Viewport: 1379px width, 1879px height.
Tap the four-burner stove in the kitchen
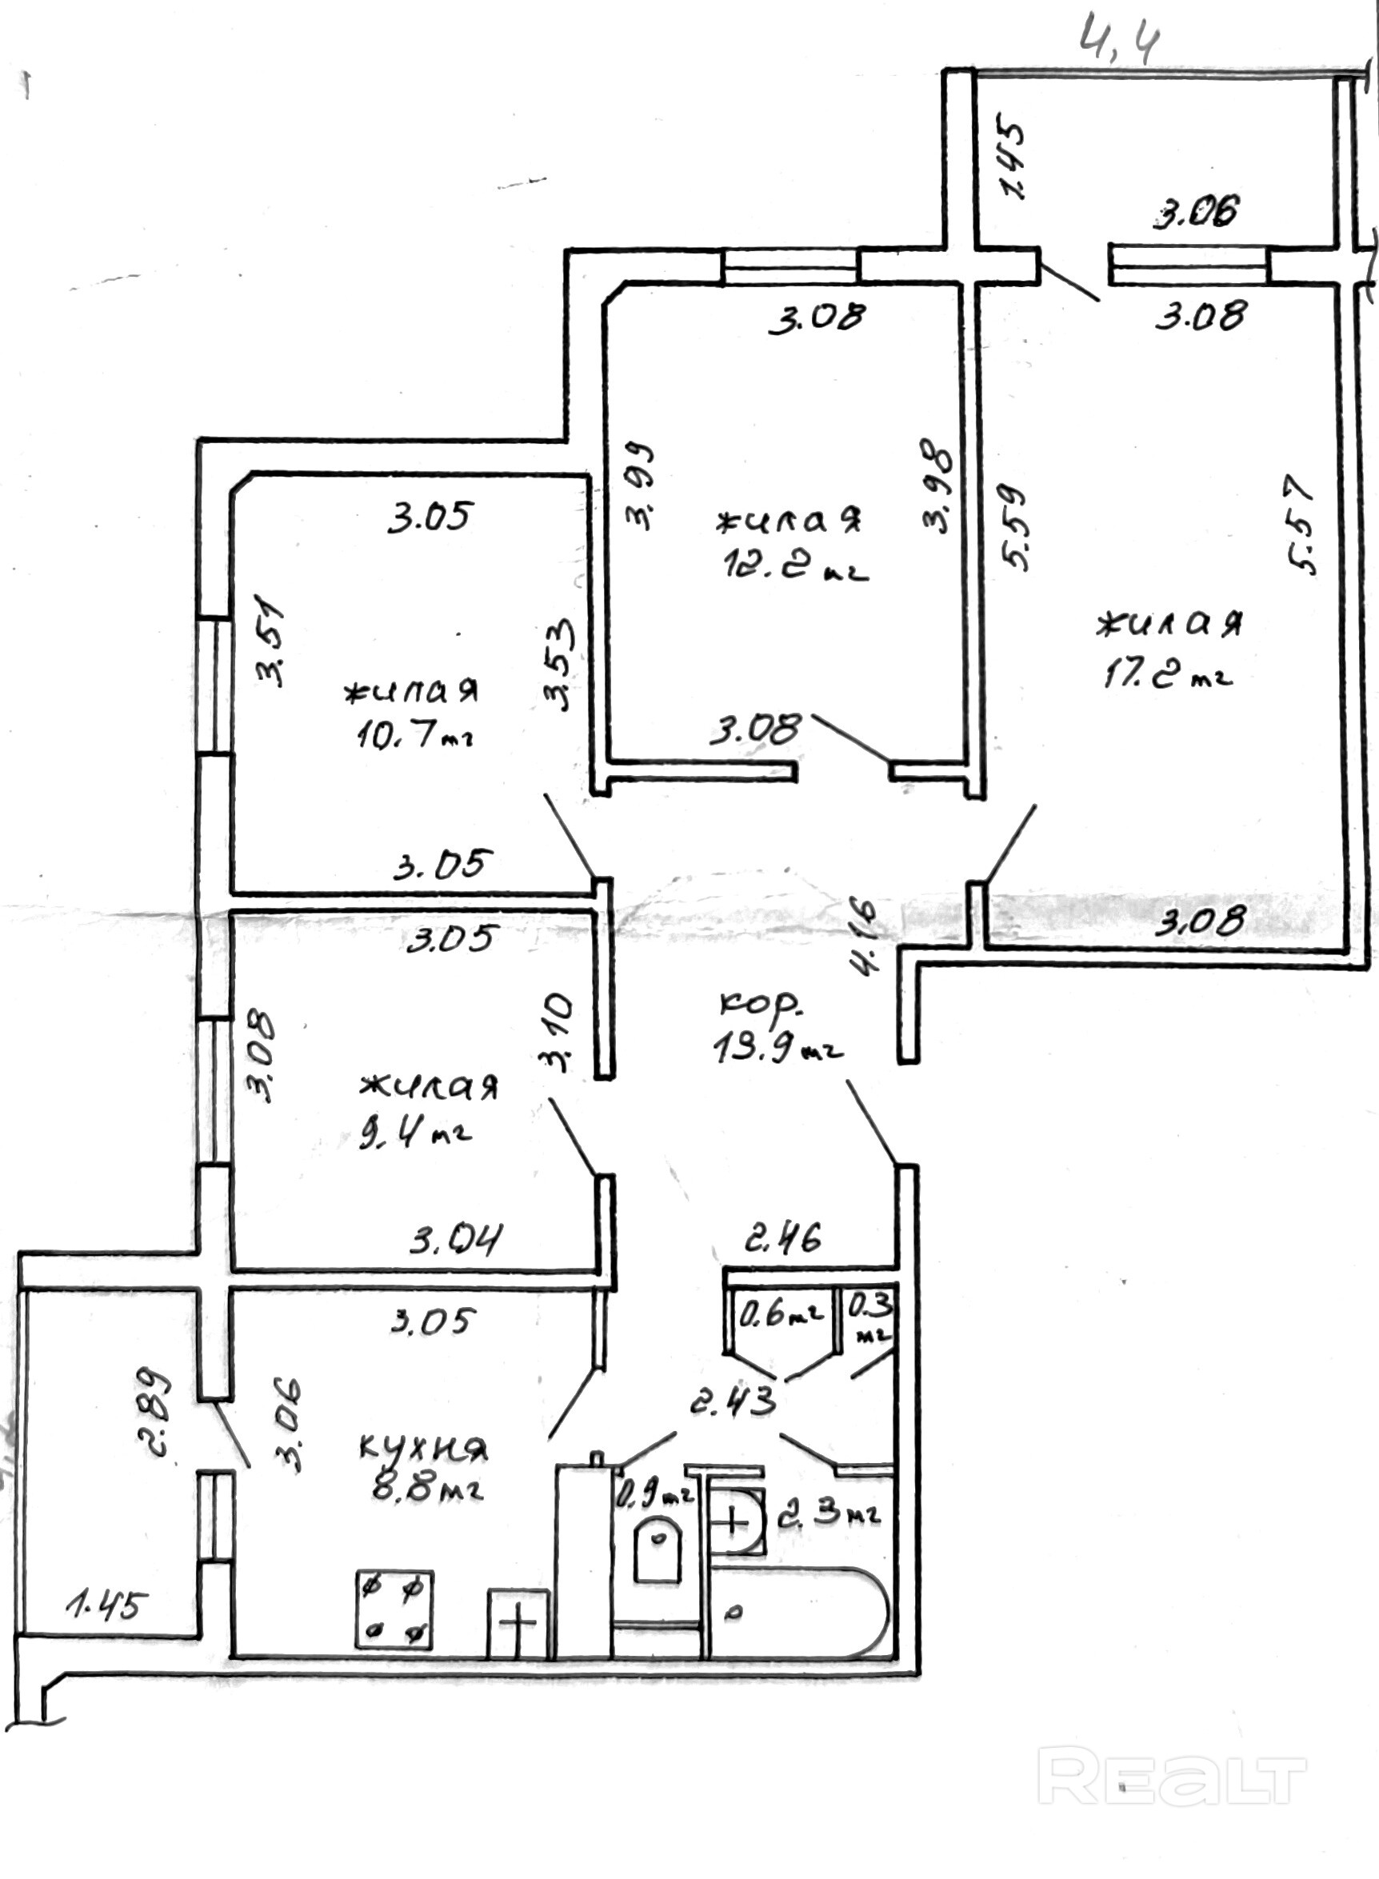pos(394,1609)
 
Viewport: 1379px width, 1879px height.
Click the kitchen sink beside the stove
pos(518,1624)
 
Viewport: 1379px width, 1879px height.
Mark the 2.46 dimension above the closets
pos(782,1238)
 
